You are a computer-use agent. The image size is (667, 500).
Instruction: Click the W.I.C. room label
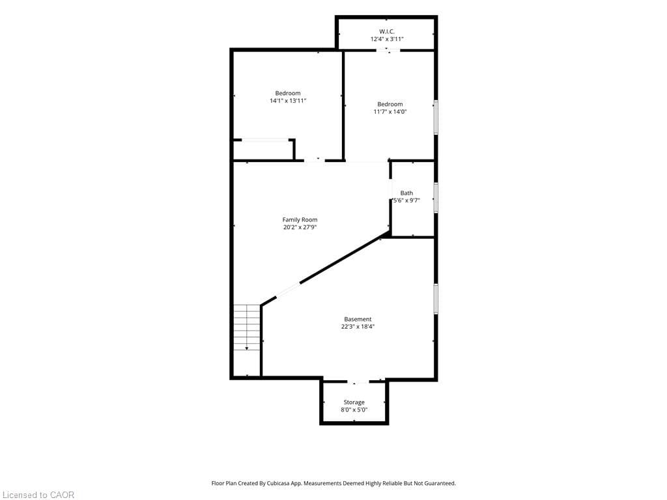click(387, 31)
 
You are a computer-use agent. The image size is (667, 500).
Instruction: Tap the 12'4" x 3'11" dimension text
click(387, 39)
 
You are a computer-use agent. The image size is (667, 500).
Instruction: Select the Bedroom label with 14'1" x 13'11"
click(288, 93)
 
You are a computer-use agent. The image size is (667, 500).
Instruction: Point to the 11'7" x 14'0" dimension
click(390, 112)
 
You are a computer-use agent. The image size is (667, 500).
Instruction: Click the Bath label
click(406, 193)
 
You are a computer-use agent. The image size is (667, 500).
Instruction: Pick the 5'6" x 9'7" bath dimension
click(406, 201)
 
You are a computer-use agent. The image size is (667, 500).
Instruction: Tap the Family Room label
click(300, 220)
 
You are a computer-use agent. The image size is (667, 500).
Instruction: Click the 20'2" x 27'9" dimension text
click(300, 227)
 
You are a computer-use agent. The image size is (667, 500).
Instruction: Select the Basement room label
click(358, 319)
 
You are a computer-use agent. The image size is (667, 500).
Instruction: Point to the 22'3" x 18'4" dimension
click(358, 327)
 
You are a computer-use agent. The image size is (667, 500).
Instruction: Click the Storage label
click(354, 402)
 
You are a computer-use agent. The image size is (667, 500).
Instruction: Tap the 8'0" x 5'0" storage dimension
click(354, 410)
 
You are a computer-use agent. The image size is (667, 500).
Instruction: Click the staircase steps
click(247, 327)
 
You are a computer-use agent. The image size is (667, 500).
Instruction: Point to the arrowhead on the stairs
click(247, 349)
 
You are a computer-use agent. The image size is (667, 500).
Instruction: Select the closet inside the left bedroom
click(264, 149)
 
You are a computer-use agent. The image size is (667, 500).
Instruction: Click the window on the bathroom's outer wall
click(436, 197)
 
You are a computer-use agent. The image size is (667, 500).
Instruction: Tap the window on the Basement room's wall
click(436, 299)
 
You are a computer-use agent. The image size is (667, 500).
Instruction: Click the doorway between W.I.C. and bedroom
click(388, 50)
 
